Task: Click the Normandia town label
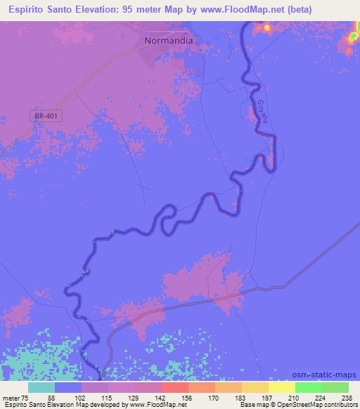click(x=168, y=40)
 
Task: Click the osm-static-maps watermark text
click(x=326, y=375)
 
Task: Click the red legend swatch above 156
click(x=174, y=387)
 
